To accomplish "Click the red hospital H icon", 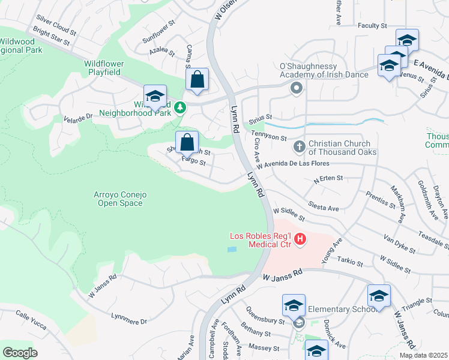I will tap(300, 239).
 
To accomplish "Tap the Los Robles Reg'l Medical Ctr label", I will tap(262, 239).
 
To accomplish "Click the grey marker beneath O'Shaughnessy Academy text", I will tap(296, 89).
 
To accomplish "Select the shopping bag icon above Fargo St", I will tap(187, 143).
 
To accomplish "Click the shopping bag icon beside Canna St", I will tap(197, 79).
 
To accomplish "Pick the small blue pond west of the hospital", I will tap(232, 249).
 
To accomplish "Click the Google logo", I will tap(20, 353).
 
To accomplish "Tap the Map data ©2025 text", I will tap(424, 355).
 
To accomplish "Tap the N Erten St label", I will tap(328, 178).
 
